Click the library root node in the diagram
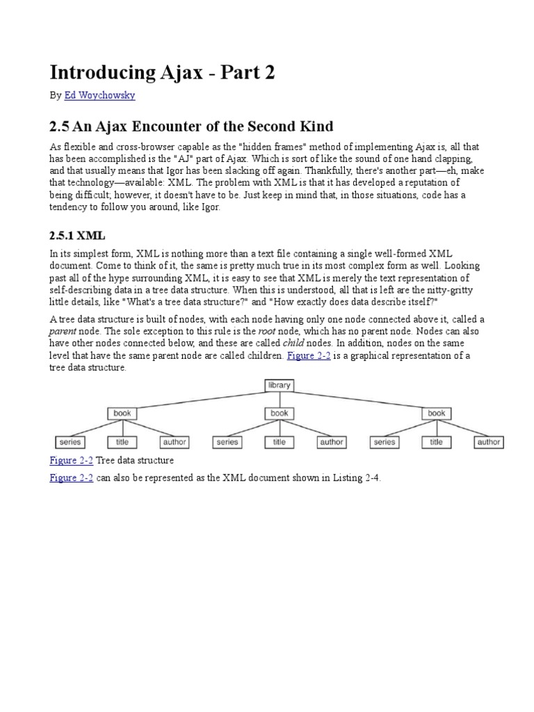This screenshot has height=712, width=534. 280,385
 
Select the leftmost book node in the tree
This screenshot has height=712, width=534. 122,413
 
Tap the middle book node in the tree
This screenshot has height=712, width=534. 280,413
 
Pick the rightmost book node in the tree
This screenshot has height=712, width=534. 437,413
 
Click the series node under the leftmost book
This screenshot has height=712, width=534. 70,442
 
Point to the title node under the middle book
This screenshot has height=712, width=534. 280,442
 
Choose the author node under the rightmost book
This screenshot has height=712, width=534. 489,442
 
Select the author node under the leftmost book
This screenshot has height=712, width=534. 175,442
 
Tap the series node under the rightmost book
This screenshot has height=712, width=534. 385,442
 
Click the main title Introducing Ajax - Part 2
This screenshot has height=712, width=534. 162,72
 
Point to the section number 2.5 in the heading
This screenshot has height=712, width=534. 60,126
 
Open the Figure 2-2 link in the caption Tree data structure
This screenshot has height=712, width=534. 71,460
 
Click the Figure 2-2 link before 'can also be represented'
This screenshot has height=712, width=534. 71,478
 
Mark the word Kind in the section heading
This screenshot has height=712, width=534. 316,126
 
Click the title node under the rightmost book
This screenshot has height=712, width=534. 437,442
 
